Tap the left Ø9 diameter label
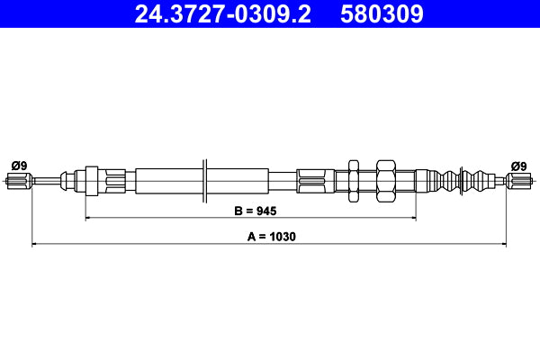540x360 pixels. (18, 166)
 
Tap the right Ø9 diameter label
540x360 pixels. (518, 166)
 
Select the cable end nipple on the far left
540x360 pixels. (18, 183)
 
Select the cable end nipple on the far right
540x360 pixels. (519, 183)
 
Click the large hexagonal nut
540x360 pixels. (385, 182)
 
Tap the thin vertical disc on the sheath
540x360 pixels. (206, 182)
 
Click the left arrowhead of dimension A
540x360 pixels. (35, 244)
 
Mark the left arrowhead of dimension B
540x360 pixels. (88, 217)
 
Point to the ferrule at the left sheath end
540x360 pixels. (91, 182)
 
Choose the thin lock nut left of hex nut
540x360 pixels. (353, 182)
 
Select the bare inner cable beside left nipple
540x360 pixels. (45, 183)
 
